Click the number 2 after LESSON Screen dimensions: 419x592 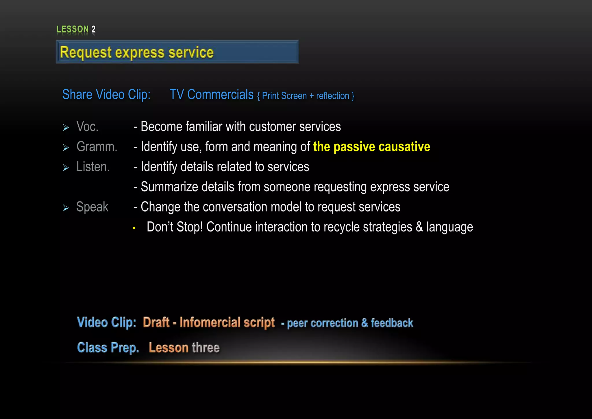(93, 29)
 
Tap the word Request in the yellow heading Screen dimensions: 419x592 (86, 53)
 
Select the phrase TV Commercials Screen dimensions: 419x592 (211, 95)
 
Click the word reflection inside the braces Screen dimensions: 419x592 (332, 96)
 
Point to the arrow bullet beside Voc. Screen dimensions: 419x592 (66, 128)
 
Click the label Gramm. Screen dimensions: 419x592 (97, 147)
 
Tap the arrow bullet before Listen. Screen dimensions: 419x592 (66, 168)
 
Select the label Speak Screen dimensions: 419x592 (92, 207)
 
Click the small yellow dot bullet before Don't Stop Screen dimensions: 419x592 (134, 228)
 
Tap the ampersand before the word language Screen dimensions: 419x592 (419, 227)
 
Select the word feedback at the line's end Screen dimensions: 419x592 (392, 323)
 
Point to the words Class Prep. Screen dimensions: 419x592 (108, 348)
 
